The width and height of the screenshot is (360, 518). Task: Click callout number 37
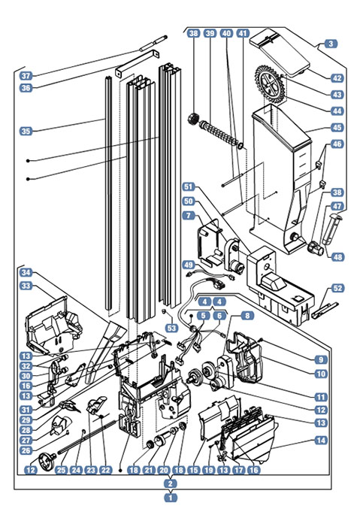[26, 76]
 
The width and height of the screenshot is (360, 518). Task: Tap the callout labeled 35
[26, 131]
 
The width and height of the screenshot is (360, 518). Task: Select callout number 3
[331, 44]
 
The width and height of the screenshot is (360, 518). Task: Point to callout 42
[337, 78]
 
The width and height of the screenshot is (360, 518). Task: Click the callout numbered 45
[337, 128]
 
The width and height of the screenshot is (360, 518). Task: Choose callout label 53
[172, 328]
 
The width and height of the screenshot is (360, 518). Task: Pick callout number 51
[188, 186]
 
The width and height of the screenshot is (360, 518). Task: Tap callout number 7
[188, 216]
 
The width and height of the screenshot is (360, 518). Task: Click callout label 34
[26, 273]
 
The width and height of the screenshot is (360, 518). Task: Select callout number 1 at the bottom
[171, 497]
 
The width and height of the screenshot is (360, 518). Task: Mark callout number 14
[321, 440]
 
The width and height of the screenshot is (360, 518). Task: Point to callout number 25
[61, 469]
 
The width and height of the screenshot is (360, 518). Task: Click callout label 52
[337, 288]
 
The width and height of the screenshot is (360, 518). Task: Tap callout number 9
[321, 359]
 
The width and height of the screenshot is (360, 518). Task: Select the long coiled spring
[219, 133]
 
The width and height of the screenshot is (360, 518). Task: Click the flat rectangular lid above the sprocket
[280, 53]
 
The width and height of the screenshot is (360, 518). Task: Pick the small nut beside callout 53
[164, 311]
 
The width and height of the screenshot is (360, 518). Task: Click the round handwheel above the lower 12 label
[46, 461]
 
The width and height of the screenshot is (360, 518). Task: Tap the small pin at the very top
[153, 44]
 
